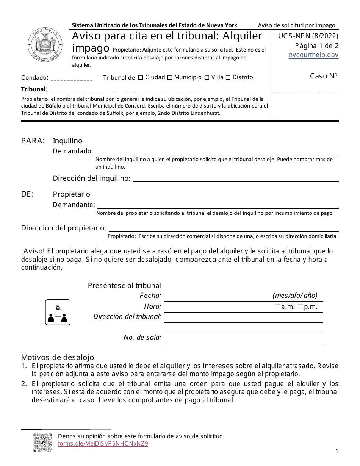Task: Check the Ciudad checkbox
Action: coord(141,78)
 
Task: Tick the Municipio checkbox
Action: coord(170,78)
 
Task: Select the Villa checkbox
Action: coord(207,78)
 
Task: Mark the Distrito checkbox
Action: coord(228,78)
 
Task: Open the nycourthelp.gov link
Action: coord(313,55)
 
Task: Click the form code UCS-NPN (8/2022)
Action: coord(308,37)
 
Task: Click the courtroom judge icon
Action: coord(58,312)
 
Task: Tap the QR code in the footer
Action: coord(42,443)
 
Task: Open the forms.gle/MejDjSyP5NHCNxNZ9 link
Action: coord(103,444)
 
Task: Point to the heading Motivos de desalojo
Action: coord(58,357)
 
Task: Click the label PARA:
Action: coord(33,141)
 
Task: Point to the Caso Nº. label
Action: coord(324,76)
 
